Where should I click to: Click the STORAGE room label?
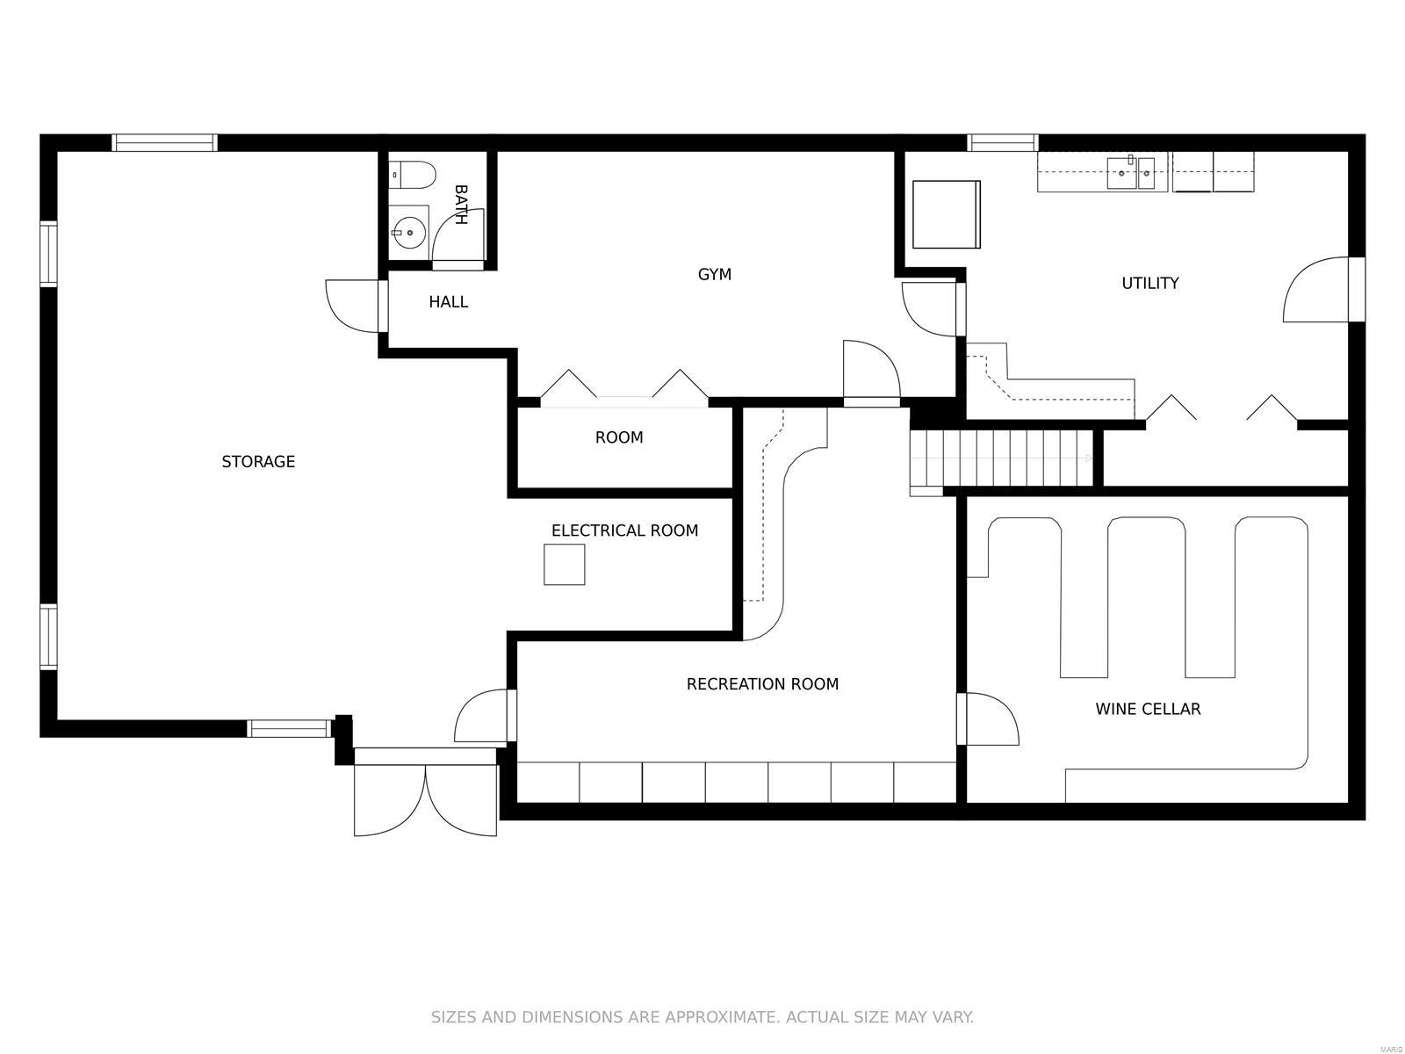(x=258, y=462)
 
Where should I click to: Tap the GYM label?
(x=714, y=275)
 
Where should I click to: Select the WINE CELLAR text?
(x=1148, y=709)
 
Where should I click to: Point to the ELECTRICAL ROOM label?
(x=624, y=531)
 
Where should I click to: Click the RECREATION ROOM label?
(x=762, y=684)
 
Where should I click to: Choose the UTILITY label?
(x=1149, y=283)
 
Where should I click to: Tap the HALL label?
(x=448, y=302)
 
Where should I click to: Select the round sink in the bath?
(x=408, y=233)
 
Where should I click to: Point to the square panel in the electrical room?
(x=564, y=565)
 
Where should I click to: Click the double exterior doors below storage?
(x=426, y=795)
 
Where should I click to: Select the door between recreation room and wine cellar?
(x=988, y=718)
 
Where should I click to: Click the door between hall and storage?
(x=356, y=306)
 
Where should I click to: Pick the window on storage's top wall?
(x=164, y=142)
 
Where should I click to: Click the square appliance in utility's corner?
(x=946, y=214)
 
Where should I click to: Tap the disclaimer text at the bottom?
(x=702, y=1017)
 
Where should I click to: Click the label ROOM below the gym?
(x=619, y=437)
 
